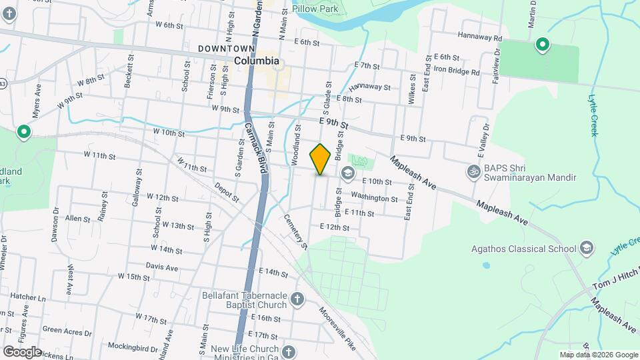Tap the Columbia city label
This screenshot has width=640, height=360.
pos(257,61)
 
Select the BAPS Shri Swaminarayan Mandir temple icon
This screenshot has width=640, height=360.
pos(474,171)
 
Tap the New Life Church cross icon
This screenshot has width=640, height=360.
pos(288,351)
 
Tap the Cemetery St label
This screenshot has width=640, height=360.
pos(295,231)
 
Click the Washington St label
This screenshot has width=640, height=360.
pos(374,198)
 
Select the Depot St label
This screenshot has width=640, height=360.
pos(227,190)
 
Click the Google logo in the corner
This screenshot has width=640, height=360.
pos(22,351)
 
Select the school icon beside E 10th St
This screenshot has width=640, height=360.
pos(347,173)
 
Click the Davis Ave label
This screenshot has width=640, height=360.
pos(162,267)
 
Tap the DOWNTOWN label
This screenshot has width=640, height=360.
pos(227,49)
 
